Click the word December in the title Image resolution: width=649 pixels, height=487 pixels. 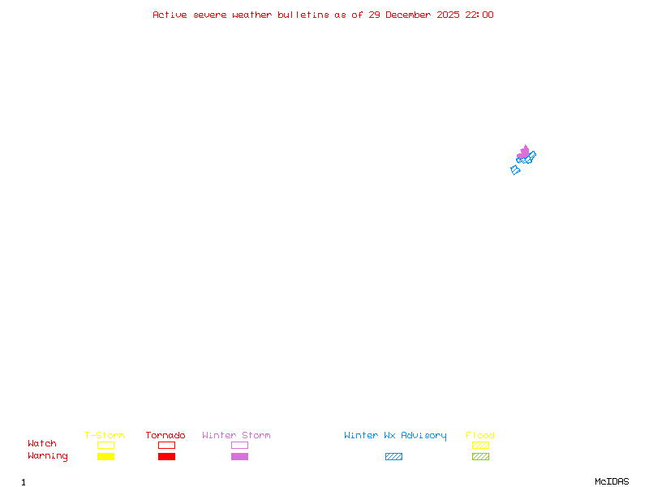(408, 15)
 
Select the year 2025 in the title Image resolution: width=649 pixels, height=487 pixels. (448, 15)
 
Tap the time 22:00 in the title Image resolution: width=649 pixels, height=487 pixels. (479, 15)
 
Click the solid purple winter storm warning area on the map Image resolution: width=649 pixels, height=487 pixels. (523, 152)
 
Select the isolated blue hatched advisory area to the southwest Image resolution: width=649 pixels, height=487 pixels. (515, 170)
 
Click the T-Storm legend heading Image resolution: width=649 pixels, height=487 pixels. (105, 435)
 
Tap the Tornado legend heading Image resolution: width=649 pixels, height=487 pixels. (165, 435)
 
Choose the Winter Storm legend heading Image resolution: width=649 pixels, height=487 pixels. (236, 435)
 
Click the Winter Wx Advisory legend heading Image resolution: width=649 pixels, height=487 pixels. (395, 436)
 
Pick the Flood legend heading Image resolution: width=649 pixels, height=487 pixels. (480, 435)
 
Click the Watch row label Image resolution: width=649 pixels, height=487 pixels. (42, 443)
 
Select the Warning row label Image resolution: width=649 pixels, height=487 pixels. (48, 456)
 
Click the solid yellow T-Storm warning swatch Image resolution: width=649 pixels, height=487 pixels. (106, 456)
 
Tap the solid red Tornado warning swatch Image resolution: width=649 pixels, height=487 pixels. (167, 456)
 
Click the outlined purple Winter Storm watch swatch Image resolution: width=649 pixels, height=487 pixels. (239, 442)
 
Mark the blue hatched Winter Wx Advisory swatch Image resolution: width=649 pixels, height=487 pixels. (393, 456)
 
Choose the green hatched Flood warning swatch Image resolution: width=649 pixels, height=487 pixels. (480, 456)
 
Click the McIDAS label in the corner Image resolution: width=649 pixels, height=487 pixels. (612, 481)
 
